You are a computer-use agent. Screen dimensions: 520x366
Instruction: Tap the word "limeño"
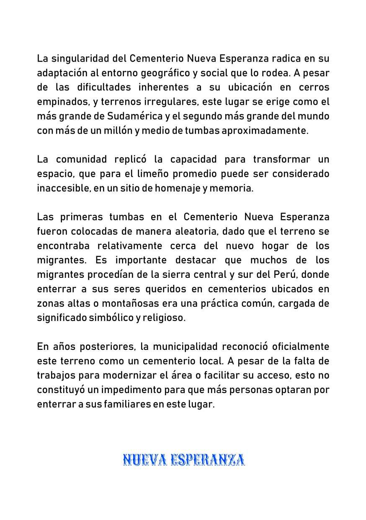pyautogui.click(x=139, y=174)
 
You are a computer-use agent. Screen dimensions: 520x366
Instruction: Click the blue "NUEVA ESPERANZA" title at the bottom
pyautogui.click(x=183, y=460)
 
